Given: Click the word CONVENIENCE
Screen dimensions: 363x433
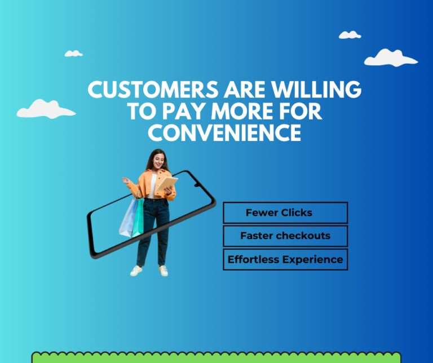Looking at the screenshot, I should (224, 132).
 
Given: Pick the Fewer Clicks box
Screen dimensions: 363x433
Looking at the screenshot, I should (285, 213).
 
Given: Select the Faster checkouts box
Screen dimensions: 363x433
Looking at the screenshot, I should (285, 236).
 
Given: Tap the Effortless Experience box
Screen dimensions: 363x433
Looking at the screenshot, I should (285, 259).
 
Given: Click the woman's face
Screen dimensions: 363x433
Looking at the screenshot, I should (157, 160).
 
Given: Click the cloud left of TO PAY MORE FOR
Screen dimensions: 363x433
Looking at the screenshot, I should (45, 109).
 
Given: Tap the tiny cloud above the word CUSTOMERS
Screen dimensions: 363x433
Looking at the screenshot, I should (73, 54).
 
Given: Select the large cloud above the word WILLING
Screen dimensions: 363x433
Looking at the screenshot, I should (390, 57).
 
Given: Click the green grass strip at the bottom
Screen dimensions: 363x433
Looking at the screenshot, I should (216, 357).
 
